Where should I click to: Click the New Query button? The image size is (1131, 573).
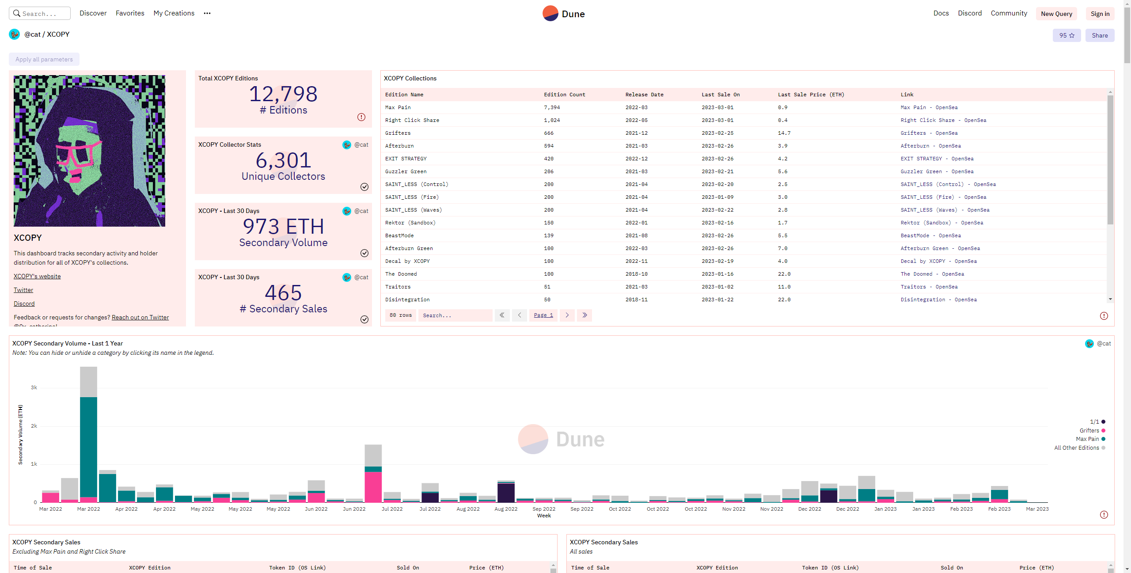pyautogui.click(x=1056, y=14)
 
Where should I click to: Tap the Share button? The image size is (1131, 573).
pyautogui.click(x=1100, y=35)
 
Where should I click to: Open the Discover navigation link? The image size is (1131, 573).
pyautogui.click(x=93, y=13)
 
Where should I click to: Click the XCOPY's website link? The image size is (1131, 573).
pyautogui.click(x=37, y=276)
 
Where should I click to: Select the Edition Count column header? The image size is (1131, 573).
pyautogui.click(x=565, y=95)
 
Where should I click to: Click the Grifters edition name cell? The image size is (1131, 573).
pyautogui.click(x=398, y=133)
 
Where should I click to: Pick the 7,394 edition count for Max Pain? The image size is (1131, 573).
pyautogui.click(x=552, y=107)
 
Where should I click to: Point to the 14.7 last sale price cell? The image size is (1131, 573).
pyautogui.click(x=784, y=133)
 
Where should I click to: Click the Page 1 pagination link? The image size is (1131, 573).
pyautogui.click(x=543, y=315)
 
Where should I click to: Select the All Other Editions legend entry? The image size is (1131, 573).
pyautogui.click(x=1080, y=448)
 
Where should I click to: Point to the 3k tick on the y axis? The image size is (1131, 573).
pyautogui.click(x=34, y=387)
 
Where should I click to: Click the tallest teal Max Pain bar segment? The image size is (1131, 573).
pyautogui.click(x=89, y=447)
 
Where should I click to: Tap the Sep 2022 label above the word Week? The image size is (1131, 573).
pyautogui.click(x=544, y=509)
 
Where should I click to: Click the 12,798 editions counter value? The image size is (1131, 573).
pyautogui.click(x=283, y=94)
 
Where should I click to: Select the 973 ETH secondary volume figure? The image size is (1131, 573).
pyautogui.click(x=283, y=227)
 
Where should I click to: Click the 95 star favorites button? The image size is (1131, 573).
pyautogui.click(x=1066, y=35)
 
